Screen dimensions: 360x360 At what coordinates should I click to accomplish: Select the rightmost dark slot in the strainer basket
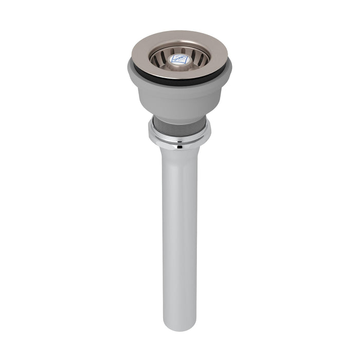coord(204,58)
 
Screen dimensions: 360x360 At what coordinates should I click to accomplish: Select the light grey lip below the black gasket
coord(179,87)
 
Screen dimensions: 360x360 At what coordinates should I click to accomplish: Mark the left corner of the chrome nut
coord(151,135)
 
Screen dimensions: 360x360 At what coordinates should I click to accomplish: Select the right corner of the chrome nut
coord(208,135)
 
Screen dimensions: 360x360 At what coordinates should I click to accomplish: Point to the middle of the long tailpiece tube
coord(179,237)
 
